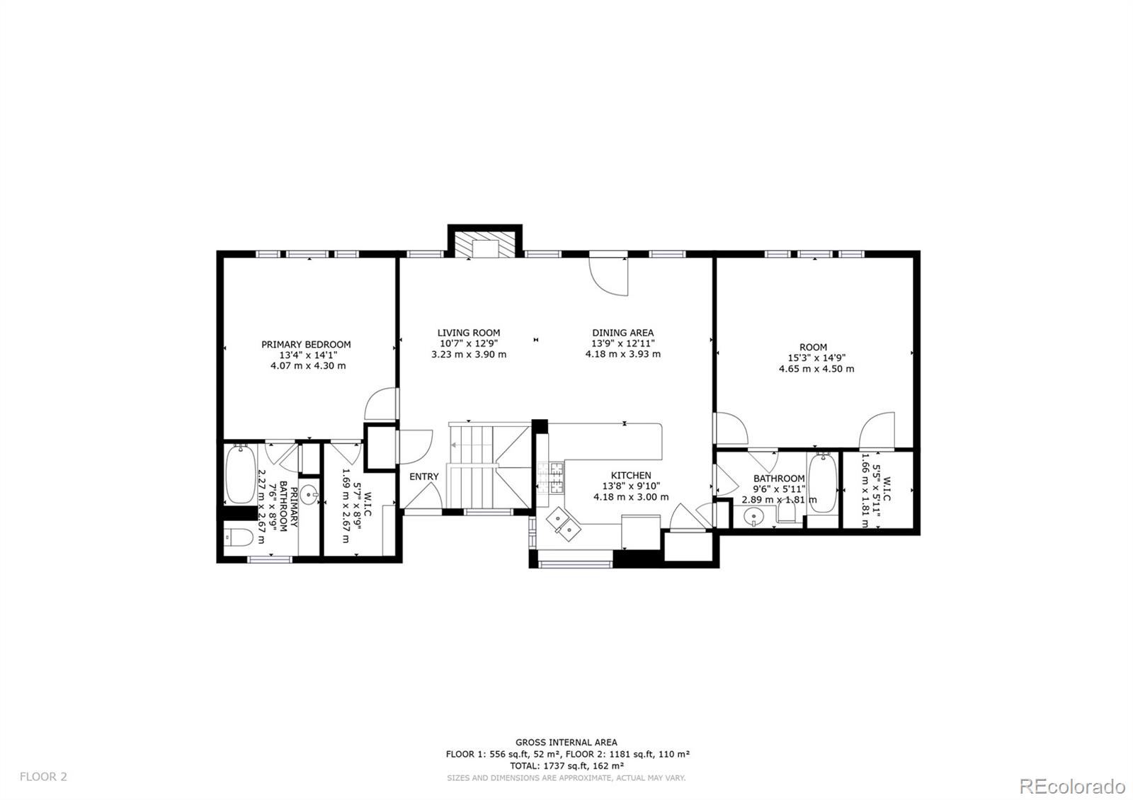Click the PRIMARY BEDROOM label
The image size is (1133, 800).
tap(306, 344)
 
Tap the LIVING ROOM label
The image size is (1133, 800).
tap(468, 333)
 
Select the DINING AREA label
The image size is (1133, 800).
tap(622, 333)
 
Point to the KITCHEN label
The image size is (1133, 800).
tap(631, 475)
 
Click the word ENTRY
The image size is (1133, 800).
tap(424, 476)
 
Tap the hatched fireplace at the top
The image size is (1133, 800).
tap(484, 245)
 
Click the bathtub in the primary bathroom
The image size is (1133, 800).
tap(240, 474)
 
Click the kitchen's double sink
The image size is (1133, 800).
tap(563, 523)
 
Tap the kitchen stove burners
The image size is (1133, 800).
tap(550, 478)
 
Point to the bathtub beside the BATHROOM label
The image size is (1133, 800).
tap(822, 484)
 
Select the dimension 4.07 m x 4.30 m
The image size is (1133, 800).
tap(308, 365)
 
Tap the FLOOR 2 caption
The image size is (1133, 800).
tap(43, 777)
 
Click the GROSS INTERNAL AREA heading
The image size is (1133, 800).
tap(566, 743)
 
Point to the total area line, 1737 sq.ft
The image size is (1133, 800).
tap(566, 765)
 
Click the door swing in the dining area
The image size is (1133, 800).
tap(609, 276)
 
